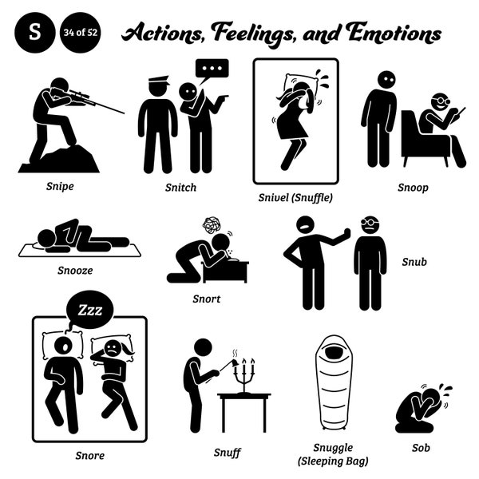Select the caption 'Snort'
pyautogui.click(x=207, y=299)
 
